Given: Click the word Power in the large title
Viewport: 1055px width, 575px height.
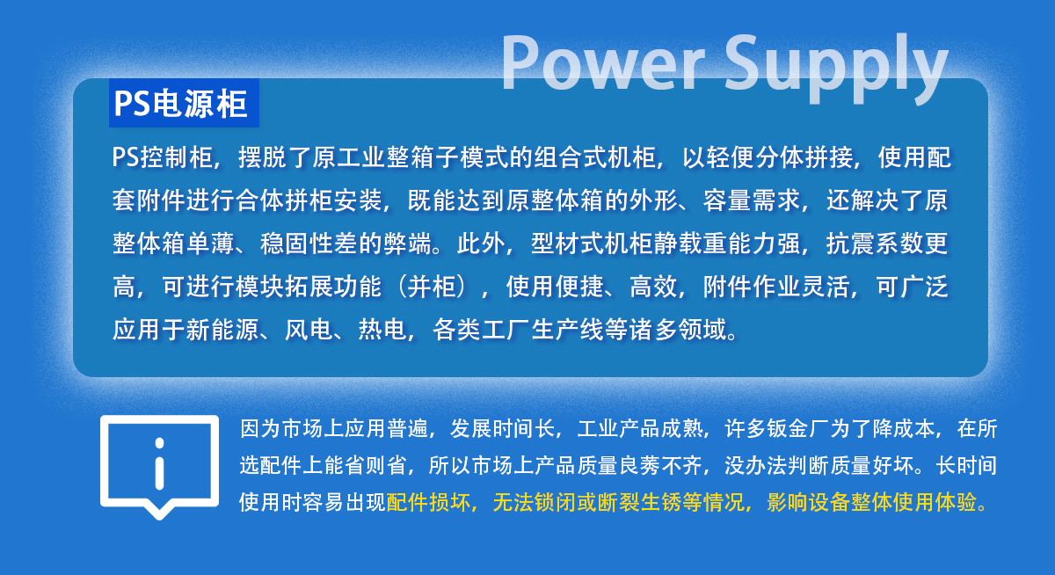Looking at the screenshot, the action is click(x=603, y=63).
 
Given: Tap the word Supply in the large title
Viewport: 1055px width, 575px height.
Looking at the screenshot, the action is click(x=836, y=69).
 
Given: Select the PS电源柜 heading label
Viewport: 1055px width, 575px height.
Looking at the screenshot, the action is click(x=181, y=104).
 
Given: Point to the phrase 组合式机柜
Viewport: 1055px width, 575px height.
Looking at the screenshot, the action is click(x=595, y=157).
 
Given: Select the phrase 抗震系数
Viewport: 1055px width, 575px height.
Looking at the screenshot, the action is click(x=875, y=244).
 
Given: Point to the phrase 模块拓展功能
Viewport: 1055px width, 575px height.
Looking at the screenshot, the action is click(x=308, y=287).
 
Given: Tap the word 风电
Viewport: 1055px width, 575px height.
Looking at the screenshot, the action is click(x=309, y=329).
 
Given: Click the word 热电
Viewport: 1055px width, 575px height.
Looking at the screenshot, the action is click(x=382, y=329).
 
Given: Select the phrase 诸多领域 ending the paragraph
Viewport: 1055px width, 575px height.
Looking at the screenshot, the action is click(x=678, y=329).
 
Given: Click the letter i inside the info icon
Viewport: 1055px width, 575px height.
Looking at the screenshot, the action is click(x=160, y=464).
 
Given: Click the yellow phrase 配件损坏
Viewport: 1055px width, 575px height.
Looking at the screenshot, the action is click(x=428, y=503).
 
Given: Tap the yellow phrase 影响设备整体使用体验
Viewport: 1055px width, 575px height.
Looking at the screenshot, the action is click(x=871, y=503).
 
